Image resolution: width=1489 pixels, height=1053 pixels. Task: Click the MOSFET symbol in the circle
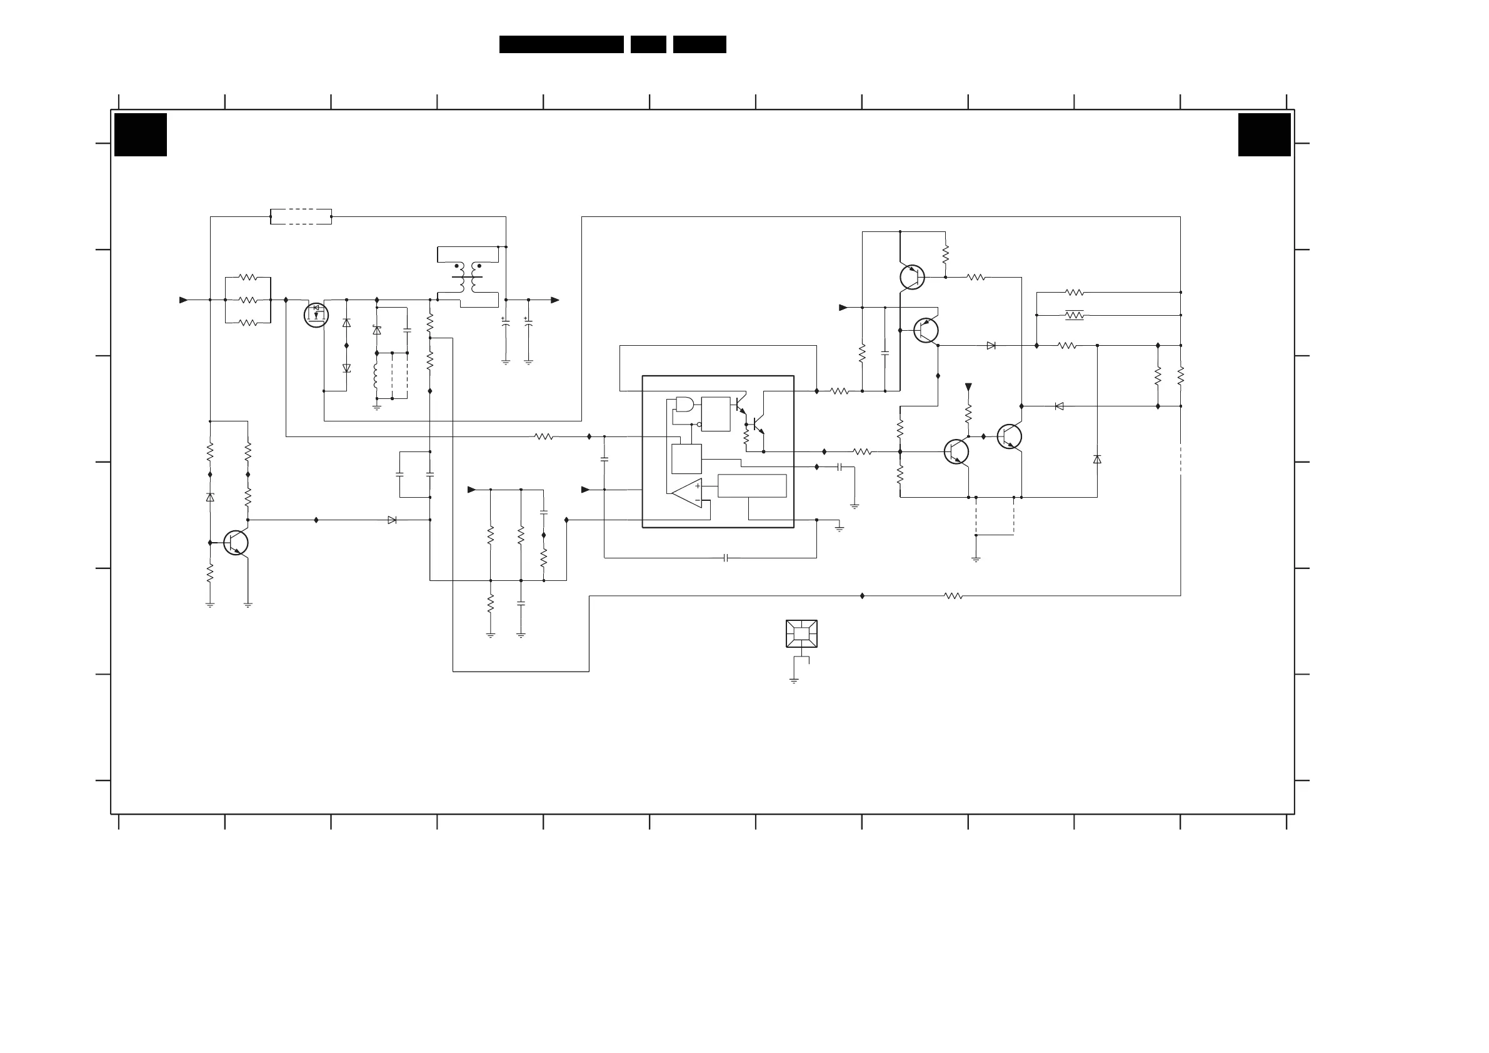[x=316, y=315]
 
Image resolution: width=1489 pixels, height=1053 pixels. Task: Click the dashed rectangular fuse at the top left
[x=301, y=217]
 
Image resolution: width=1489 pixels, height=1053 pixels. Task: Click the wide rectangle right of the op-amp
[x=751, y=485]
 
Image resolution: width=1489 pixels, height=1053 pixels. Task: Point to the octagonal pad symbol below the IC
[x=801, y=634]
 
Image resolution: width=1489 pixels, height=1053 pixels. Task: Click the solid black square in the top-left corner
[x=141, y=135]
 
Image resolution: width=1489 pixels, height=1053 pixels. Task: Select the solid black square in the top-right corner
[x=1264, y=135]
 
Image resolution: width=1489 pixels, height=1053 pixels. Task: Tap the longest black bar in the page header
[x=561, y=44]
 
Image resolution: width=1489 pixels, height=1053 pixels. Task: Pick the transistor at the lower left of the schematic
[x=236, y=542]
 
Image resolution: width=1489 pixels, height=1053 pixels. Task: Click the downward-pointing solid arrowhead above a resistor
[x=968, y=387]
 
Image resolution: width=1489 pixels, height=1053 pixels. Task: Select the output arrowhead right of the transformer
[x=555, y=300]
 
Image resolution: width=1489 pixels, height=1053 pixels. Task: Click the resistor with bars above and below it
[x=1074, y=315]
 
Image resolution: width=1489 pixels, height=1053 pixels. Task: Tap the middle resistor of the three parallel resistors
[x=248, y=300]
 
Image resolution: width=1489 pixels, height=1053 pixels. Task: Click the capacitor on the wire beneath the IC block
[x=726, y=558]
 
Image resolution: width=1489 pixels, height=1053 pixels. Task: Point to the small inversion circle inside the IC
[x=699, y=425]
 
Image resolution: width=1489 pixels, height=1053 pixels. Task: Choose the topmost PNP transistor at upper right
[x=912, y=277]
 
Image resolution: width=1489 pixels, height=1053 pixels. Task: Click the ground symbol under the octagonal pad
[x=794, y=680]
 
